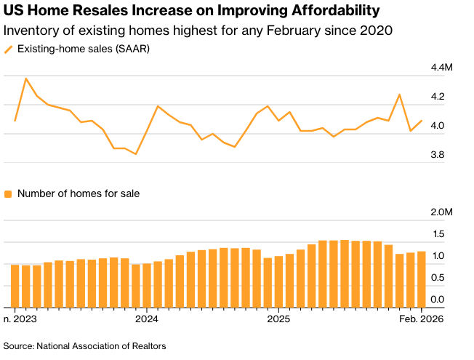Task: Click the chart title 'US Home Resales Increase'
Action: [191, 11]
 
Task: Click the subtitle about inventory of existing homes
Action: [198, 31]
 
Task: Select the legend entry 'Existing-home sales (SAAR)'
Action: [83, 49]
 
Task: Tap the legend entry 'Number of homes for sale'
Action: [78, 193]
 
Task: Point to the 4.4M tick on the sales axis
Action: [441, 68]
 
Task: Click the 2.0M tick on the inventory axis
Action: [441, 212]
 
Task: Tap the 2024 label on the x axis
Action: [146, 319]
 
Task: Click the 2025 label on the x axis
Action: [278, 319]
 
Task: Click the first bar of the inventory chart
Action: [15, 286]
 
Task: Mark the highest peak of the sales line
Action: [26, 79]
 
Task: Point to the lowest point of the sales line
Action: [136, 154]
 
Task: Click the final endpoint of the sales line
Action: [422, 121]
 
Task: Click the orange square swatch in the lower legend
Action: [8, 194]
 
